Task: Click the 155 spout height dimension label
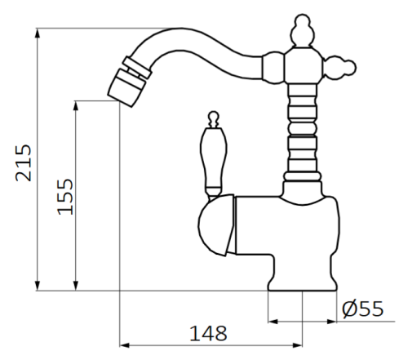[65, 195]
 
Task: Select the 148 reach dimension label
[209, 333]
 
